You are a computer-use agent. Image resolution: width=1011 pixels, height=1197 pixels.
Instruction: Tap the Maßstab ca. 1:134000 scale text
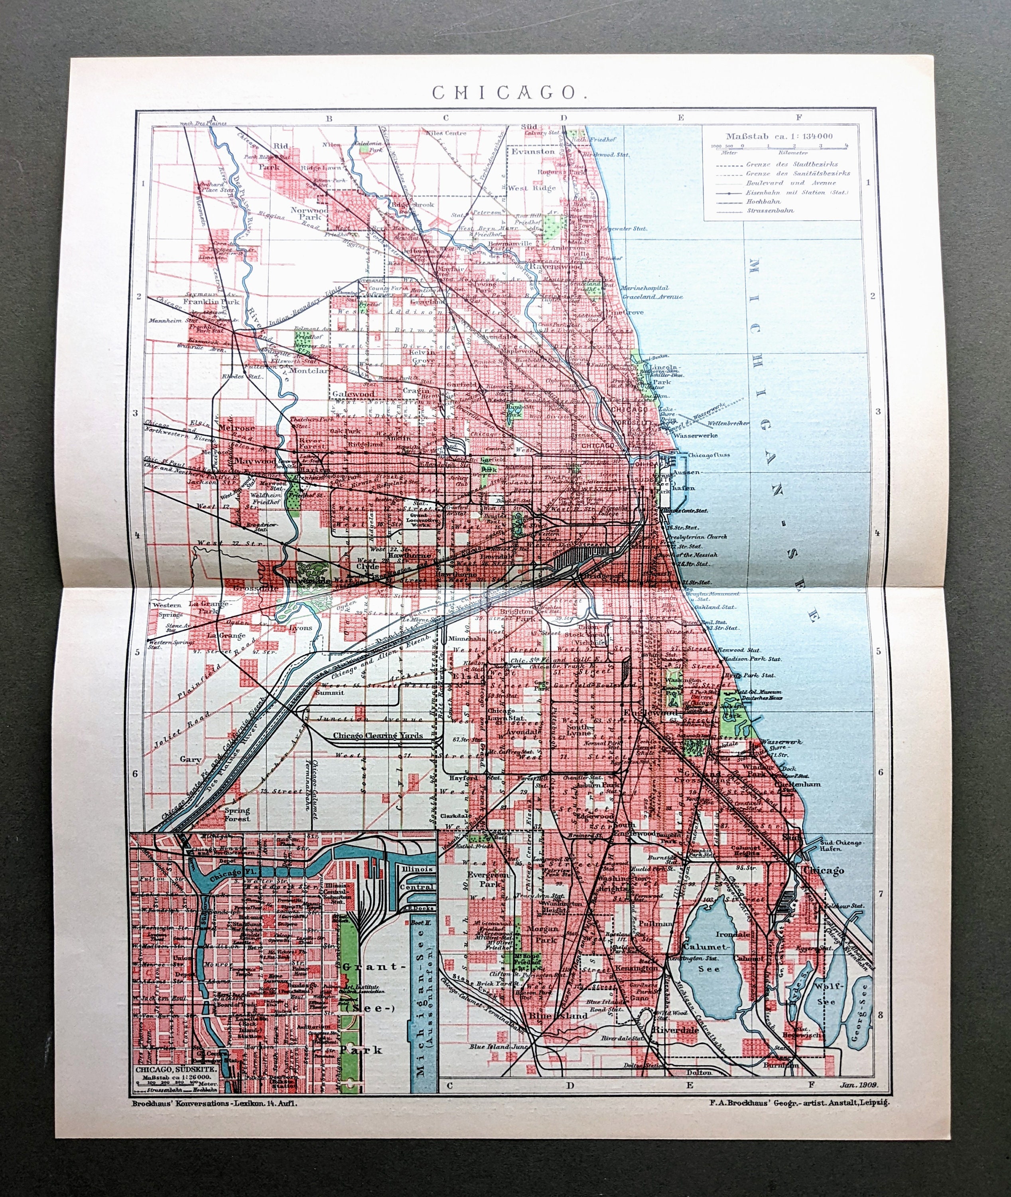pyautogui.click(x=779, y=136)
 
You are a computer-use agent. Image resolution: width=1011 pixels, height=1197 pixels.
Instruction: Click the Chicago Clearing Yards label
pyautogui.click(x=378, y=735)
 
